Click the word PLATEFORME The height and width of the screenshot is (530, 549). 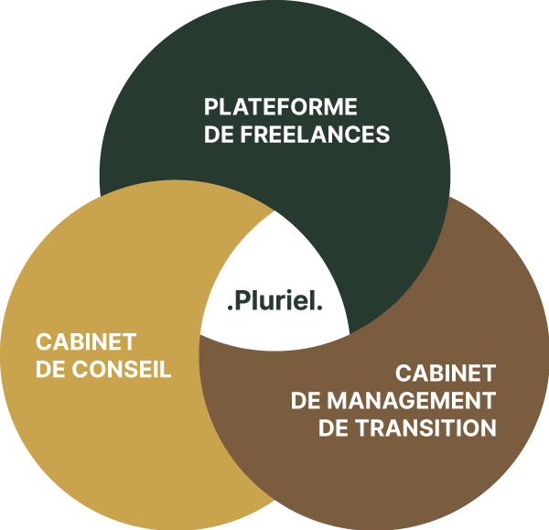pos(280,106)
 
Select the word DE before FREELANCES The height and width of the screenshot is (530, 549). pos(220,135)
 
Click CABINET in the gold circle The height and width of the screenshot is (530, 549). pos(86,342)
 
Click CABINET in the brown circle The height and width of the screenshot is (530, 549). pos(446,373)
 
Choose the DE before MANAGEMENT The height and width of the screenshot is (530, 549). pos(306,401)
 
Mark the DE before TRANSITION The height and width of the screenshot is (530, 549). pos(333,428)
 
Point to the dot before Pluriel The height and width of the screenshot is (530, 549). pos(229,310)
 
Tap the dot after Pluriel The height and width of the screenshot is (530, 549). pos(319,310)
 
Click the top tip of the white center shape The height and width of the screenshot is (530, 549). pos(274,211)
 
